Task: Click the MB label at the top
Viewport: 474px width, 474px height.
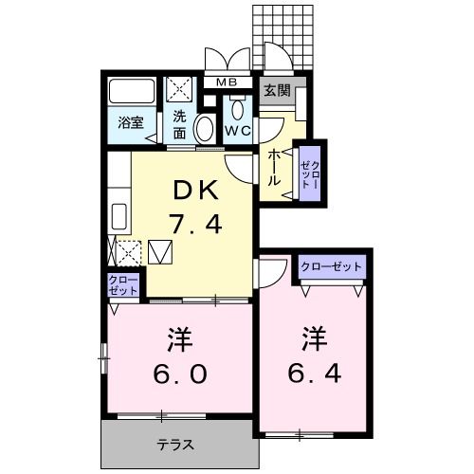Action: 227,82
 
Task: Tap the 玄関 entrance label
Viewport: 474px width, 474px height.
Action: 278,91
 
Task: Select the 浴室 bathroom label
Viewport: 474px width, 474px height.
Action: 130,123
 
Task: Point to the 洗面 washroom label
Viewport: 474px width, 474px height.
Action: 179,124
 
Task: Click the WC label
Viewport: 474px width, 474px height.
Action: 238,130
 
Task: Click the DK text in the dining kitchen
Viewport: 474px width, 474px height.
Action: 196,191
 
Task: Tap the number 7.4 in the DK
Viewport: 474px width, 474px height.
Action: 196,226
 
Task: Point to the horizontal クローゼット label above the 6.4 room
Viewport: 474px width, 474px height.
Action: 332,267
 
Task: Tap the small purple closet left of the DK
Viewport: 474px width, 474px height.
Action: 122,285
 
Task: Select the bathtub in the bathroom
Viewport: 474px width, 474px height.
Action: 130,92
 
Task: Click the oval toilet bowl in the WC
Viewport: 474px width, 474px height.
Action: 204,130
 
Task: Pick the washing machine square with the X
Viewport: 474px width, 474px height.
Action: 180,90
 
